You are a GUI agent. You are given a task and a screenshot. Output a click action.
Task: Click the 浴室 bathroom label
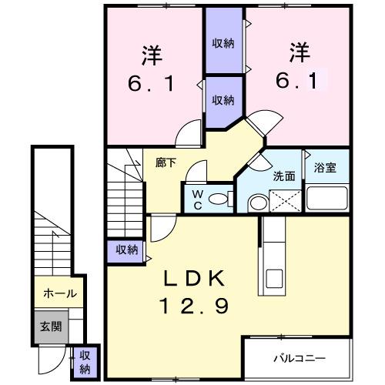coord(324,168)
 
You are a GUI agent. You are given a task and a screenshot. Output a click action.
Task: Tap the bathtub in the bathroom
coord(326,199)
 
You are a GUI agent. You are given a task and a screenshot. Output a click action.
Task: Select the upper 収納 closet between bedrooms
coord(223,42)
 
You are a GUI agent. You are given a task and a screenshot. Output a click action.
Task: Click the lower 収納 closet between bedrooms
coord(223,99)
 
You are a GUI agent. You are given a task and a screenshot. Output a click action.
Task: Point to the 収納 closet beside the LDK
coord(127,250)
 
